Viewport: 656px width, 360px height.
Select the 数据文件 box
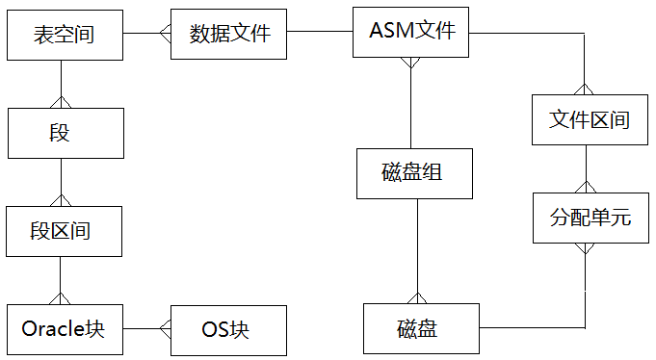[229, 34]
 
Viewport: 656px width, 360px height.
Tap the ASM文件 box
[411, 31]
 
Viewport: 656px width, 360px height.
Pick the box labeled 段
[65, 133]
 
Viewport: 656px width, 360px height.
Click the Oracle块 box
[64, 329]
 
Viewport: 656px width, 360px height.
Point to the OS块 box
[229, 329]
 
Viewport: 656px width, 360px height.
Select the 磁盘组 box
[413, 173]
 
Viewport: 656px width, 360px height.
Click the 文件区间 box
[589, 119]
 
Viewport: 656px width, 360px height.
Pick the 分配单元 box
[589, 217]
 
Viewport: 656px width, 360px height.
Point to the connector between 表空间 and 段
[62, 82]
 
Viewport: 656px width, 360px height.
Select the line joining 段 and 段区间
[62, 181]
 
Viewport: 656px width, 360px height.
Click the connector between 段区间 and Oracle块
[62, 279]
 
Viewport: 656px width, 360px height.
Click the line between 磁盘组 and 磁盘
[417, 250]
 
